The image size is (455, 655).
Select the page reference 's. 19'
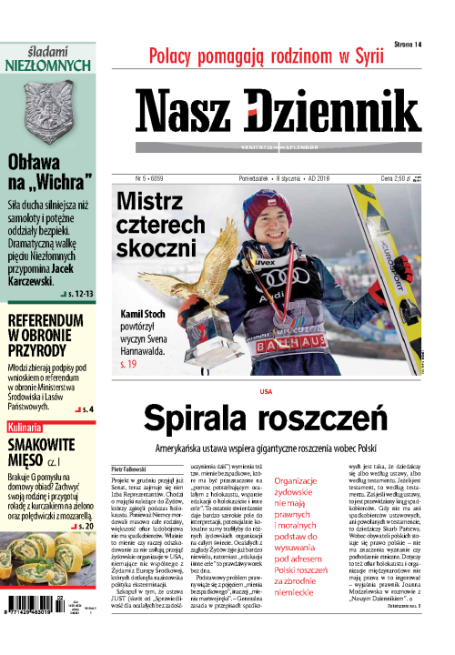pyautogui.click(x=133, y=363)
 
